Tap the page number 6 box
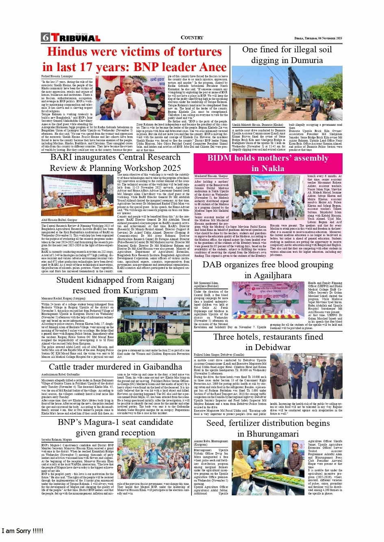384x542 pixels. coord(45,38)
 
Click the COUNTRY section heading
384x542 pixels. coord(192,38)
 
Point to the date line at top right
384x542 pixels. coord(318,38)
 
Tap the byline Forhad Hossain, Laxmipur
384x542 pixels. coord(57,76)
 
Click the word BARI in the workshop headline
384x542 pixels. coord(62,157)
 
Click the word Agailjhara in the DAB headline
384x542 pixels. coord(268,275)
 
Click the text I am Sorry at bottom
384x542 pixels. coord(22,531)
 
